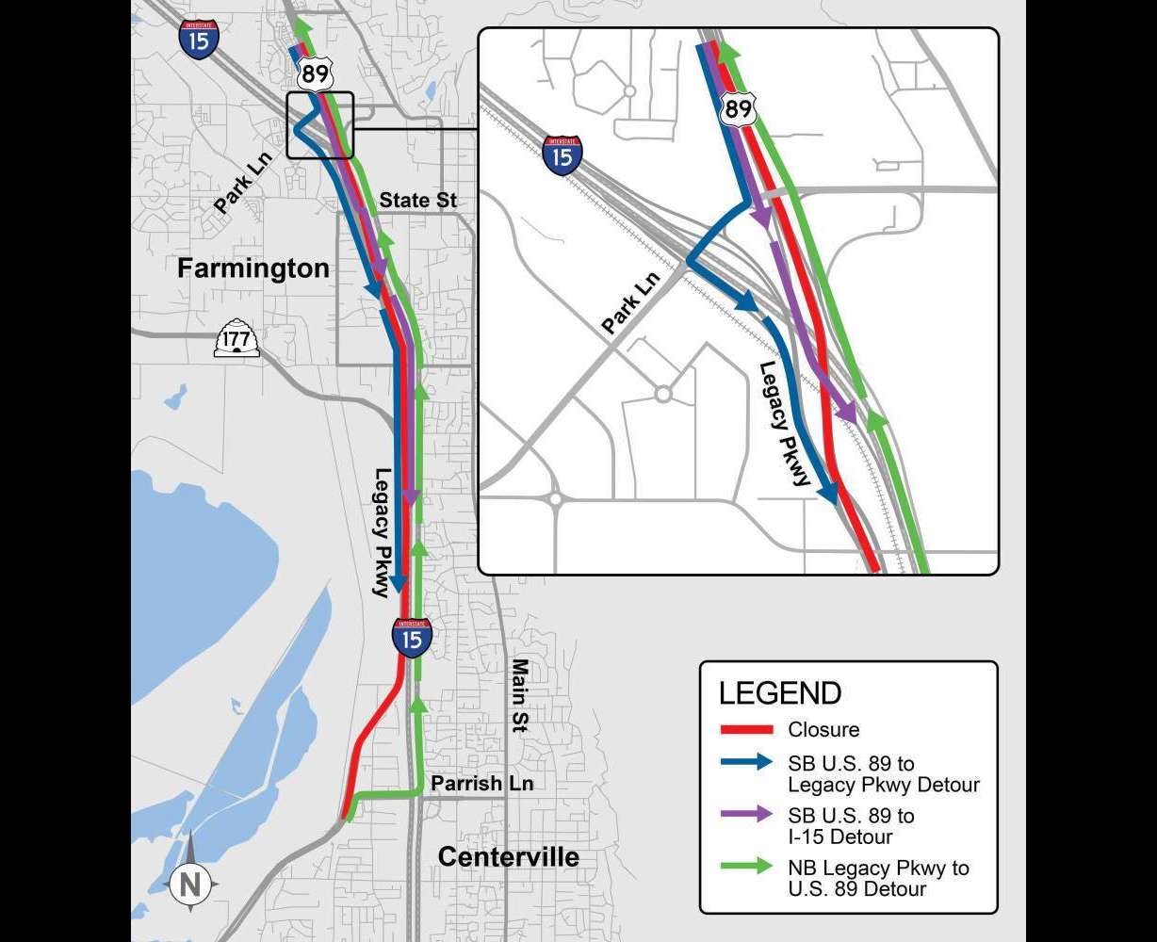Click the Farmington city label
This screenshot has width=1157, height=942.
253,268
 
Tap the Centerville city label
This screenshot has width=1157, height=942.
508,857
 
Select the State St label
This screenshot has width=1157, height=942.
417,201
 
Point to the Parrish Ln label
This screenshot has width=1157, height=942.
481,784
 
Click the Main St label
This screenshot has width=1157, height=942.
519,695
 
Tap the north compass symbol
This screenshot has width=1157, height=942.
190,884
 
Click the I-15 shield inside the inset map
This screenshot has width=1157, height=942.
562,154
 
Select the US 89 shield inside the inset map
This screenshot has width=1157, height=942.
738,109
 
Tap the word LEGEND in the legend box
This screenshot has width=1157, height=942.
779,693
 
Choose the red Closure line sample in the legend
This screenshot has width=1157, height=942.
746,730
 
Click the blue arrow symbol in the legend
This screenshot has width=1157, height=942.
746,762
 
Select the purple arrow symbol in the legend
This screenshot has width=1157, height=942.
746,815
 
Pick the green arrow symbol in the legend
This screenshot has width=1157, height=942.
746,868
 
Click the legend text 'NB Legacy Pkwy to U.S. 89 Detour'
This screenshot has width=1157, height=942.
878,878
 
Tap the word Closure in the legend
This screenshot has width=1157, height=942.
823,730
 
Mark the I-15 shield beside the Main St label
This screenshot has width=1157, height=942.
412,638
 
